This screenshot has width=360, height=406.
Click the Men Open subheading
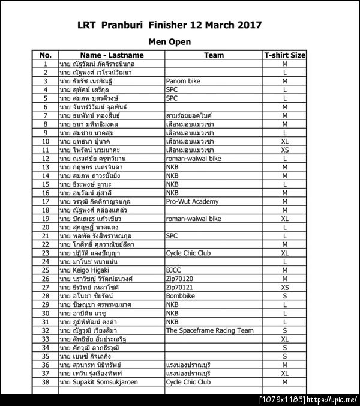pos(169,42)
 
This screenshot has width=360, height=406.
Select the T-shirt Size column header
pos(285,55)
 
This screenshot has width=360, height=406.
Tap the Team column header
pos(214,55)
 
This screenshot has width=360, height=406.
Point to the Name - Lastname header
pos(111,55)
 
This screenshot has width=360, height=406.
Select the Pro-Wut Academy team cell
pos(192,202)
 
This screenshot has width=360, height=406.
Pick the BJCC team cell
pos(173,271)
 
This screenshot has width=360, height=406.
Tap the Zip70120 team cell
pos(178,279)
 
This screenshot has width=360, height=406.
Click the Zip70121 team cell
pos(178,288)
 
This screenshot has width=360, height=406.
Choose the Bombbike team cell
pos(181,297)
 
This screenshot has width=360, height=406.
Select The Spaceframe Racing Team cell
pos(209,331)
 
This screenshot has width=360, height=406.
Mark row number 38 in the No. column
pos(46,382)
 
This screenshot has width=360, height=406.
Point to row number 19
pos(46,219)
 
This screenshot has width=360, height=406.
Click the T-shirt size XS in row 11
pos(285,150)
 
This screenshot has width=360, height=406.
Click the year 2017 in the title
pos(246,26)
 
